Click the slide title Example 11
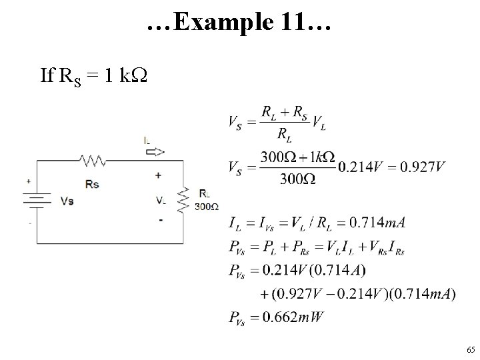pos(239,25)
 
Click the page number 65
pos(471,350)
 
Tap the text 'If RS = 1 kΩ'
pos(93,76)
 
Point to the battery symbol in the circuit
pos(37,200)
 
